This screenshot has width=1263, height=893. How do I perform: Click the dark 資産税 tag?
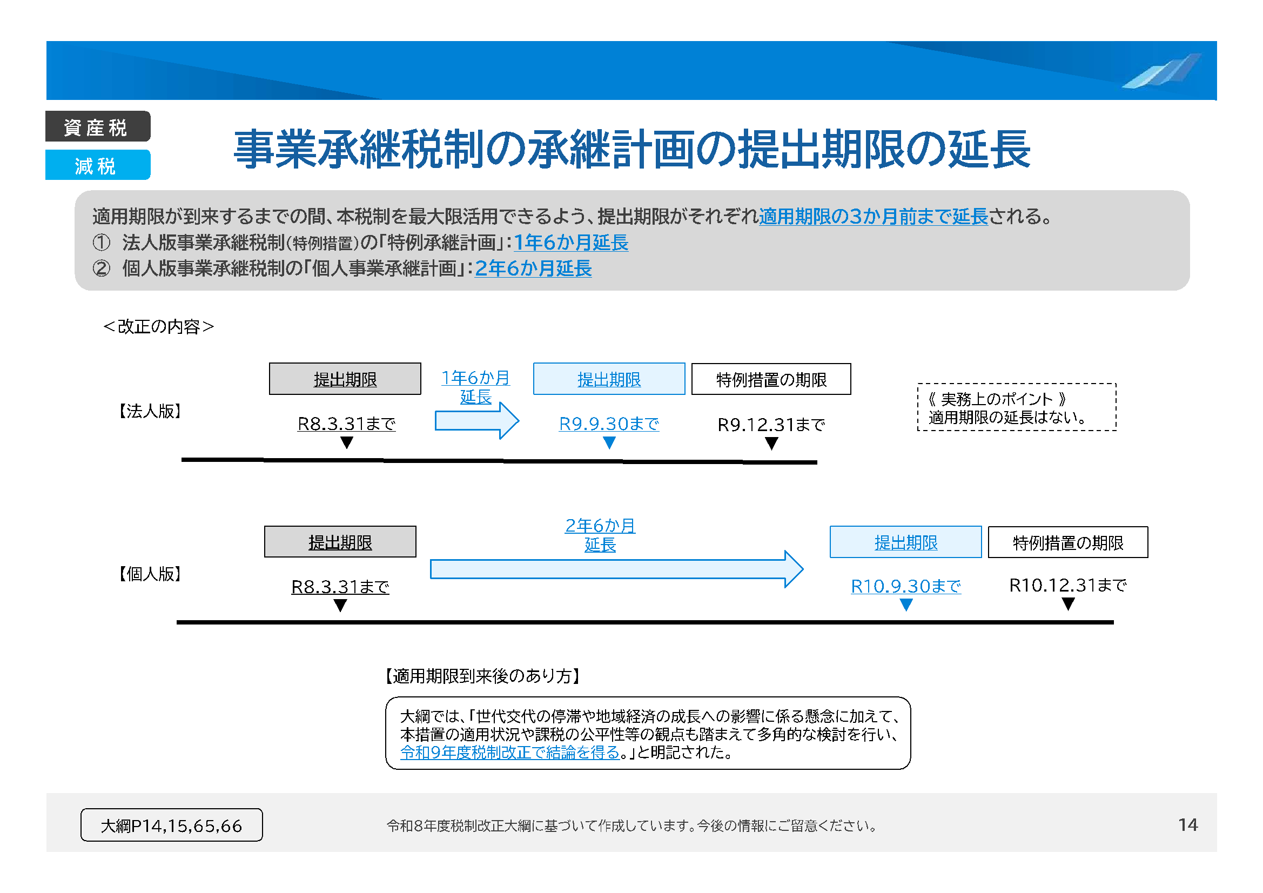[97, 126]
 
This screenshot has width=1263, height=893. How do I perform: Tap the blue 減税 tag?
[97, 165]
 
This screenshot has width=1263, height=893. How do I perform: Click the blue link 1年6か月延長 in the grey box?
[570, 243]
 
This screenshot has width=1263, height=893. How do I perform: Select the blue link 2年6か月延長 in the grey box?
[533, 268]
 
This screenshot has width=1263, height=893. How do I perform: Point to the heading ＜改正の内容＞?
[158, 327]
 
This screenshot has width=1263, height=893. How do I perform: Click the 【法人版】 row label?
[150, 411]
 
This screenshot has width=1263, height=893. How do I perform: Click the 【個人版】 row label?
[150, 574]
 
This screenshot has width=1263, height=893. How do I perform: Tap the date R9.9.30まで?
[609, 424]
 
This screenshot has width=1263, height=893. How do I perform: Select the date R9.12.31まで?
[771, 425]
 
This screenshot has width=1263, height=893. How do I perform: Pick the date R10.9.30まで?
[905, 587]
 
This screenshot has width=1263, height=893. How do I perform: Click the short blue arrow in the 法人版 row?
[476, 421]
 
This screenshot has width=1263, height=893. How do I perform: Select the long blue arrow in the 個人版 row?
[616, 569]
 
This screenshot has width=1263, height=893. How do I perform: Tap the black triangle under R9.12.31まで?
[771, 444]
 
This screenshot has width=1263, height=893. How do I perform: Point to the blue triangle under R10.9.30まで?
[906, 605]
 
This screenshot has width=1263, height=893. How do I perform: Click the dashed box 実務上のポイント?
[1017, 407]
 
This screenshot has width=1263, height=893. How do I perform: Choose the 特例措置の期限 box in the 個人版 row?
[1068, 542]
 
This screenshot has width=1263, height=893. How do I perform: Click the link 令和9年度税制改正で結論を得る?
[510, 752]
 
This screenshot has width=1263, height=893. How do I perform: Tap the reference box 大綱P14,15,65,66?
[172, 825]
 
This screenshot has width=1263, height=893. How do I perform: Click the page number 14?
[1187, 824]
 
